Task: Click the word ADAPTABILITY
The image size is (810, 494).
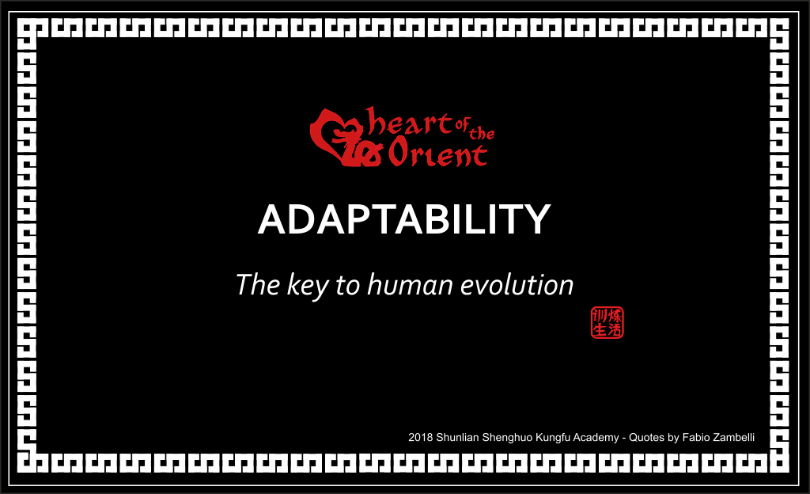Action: coord(404,219)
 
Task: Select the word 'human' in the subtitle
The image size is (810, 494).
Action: coord(410,285)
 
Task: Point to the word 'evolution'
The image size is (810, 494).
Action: coord(517,285)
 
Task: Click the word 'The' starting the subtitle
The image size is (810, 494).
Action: coord(258,285)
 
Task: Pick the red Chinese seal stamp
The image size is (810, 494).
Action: coord(607,322)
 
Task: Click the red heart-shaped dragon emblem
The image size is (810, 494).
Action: coord(342,138)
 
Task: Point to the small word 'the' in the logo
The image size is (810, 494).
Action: coord(482,133)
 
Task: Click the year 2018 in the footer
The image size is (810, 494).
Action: coord(421,438)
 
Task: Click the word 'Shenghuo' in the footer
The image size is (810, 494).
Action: coord(507,439)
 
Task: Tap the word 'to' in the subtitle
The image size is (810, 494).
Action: coord(347,286)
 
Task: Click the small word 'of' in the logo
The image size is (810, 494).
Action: coord(462,124)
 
